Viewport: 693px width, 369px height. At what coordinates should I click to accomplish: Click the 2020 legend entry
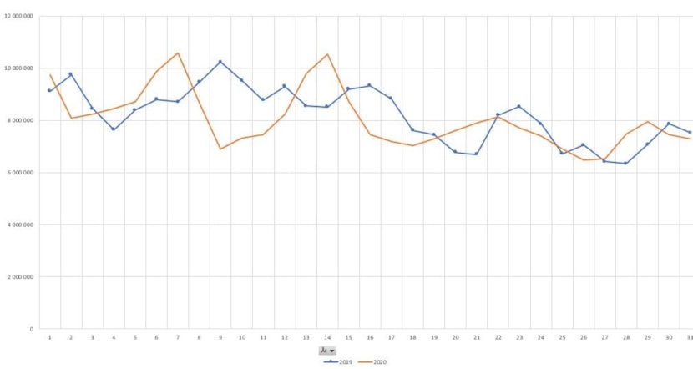tap(373, 361)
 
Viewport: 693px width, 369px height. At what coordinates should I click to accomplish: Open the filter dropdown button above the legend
tap(328, 351)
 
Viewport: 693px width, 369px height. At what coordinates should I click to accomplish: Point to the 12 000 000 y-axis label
tap(18, 17)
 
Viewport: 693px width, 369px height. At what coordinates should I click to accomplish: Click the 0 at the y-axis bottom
tap(31, 329)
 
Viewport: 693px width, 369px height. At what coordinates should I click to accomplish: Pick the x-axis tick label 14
tap(327, 337)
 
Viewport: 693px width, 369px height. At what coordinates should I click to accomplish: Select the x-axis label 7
tap(178, 337)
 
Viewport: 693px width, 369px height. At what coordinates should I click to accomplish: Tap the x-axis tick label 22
tap(498, 337)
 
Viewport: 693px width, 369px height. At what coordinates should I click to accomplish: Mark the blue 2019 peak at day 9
tap(220, 62)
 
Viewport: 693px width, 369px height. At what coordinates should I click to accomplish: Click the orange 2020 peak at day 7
tap(178, 53)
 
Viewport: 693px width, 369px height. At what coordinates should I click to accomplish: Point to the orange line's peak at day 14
tap(327, 55)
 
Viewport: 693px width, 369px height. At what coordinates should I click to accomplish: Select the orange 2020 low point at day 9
tap(220, 149)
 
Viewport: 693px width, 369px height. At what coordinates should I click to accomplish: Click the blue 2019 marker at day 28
tap(625, 163)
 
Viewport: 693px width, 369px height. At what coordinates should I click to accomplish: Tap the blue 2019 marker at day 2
tap(71, 74)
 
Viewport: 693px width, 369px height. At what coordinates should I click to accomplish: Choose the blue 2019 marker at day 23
tap(519, 106)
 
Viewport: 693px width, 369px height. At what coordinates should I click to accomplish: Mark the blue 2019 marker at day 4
tap(114, 129)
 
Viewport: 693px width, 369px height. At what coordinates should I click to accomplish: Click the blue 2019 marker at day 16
tap(370, 85)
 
